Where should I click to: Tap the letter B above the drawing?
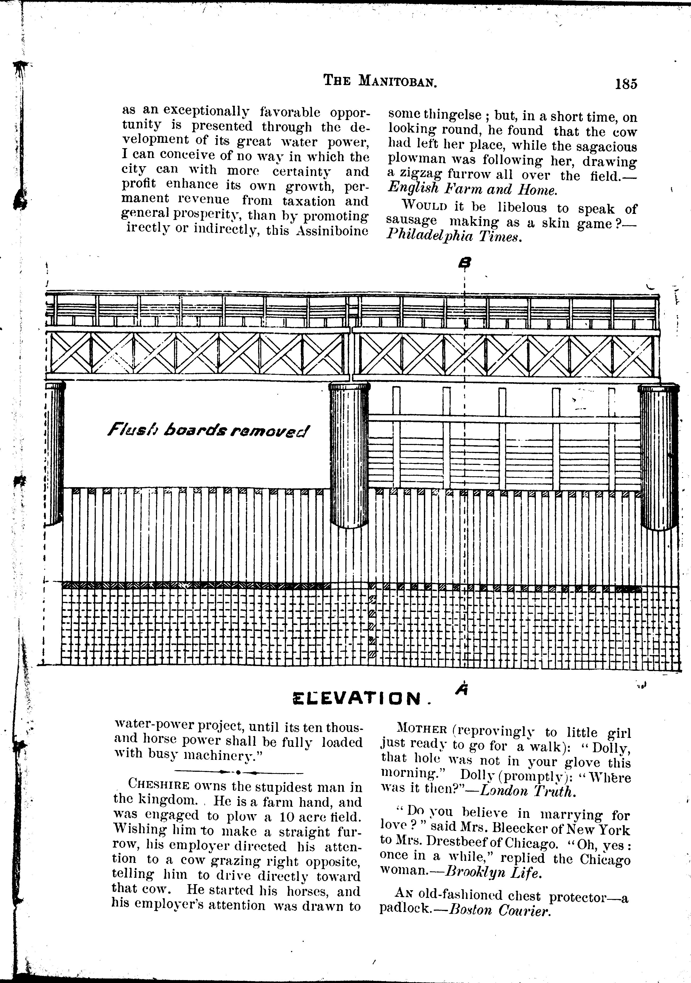click(x=464, y=262)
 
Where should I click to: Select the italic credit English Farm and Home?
click(x=472, y=189)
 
